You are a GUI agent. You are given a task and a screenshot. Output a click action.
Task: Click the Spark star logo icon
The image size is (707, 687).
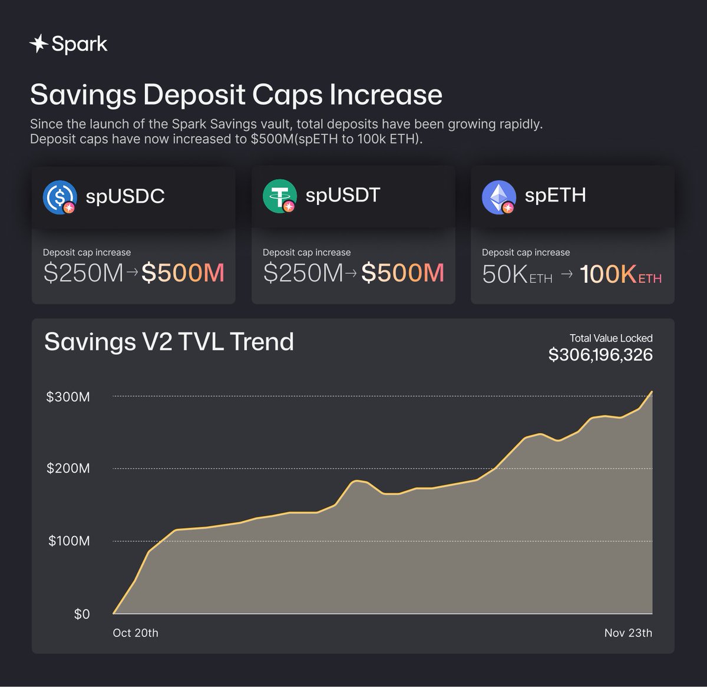point(38,44)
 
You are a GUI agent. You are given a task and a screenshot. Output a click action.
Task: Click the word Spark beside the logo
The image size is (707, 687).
point(80,44)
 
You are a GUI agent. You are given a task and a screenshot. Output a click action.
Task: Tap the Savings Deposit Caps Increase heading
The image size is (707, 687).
point(236,95)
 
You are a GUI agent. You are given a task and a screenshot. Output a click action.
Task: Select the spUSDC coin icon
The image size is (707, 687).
point(60,197)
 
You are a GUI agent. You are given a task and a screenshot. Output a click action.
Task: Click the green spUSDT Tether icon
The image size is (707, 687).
point(279,196)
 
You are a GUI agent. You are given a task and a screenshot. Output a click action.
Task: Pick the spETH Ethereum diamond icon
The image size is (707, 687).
point(498,197)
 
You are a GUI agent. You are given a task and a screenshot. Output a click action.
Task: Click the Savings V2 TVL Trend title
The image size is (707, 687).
point(169,342)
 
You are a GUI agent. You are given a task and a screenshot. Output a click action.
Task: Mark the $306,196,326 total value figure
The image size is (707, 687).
point(600,355)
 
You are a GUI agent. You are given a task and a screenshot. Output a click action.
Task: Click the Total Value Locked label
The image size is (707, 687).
point(610,338)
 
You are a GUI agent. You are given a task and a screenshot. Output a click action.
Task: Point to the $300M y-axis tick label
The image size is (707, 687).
point(68,397)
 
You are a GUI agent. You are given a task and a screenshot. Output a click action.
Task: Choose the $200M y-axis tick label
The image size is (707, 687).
point(68,469)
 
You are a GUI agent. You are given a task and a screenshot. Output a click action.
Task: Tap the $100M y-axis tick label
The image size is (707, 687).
point(69,541)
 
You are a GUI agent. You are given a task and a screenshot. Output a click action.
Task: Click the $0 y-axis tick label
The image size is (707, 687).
point(82,615)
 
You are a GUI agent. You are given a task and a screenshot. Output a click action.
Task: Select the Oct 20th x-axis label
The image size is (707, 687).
point(136,633)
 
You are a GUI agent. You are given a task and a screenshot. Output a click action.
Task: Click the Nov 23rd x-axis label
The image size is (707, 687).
point(628,633)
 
